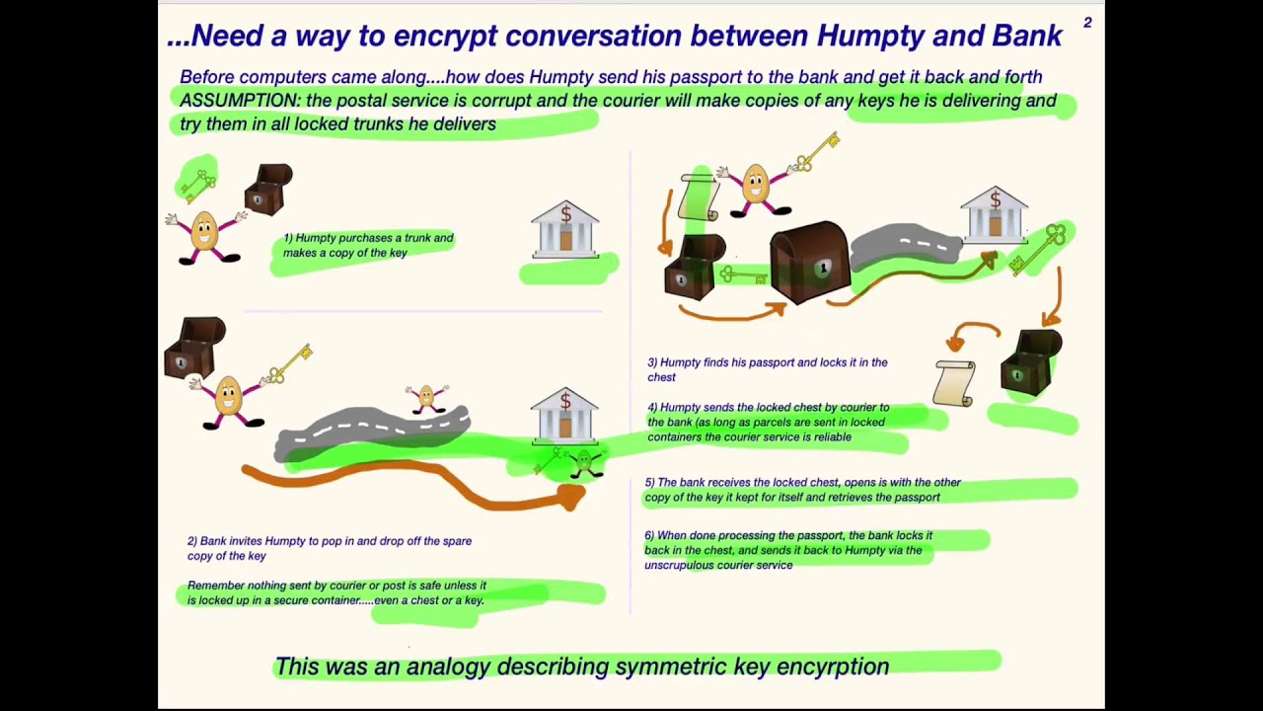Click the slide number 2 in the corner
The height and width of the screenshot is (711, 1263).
pos(1087,23)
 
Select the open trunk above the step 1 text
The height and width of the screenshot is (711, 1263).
pos(269,189)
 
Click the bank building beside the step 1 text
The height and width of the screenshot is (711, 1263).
pos(564,230)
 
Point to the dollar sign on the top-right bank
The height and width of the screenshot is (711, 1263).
pos(995,200)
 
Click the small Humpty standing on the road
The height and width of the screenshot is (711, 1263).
pos(427,398)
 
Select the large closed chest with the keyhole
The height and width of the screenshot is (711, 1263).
pos(808,263)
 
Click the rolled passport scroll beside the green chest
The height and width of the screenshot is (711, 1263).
pos(954,382)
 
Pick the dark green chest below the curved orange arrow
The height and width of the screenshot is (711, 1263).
pos(1030,362)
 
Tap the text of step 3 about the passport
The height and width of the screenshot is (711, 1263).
pos(767,369)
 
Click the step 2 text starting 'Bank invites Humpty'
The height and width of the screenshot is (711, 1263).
pos(329,548)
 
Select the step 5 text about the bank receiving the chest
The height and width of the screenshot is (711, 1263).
pos(802,490)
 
